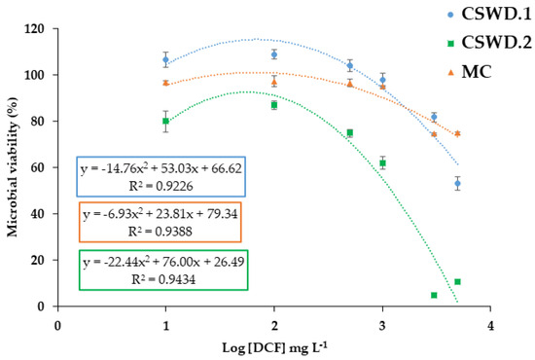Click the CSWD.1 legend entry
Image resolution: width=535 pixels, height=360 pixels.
pyautogui.click(x=489, y=15)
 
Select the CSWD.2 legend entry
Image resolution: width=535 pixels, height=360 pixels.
pyautogui.click(x=489, y=43)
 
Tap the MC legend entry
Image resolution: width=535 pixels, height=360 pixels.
pyautogui.click(x=470, y=72)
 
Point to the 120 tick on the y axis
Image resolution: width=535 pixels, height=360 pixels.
pyautogui.click(x=34, y=29)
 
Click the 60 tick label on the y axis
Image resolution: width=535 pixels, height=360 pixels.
pyautogui.click(x=38, y=167)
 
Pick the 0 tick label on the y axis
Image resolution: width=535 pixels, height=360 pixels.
pyautogui.click(x=41, y=306)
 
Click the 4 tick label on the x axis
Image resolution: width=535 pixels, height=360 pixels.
pyautogui.click(x=490, y=326)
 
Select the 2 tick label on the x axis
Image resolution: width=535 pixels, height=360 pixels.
pyautogui.click(x=274, y=326)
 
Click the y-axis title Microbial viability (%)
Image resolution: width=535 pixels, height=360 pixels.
pyautogui.click(x=13, y=167)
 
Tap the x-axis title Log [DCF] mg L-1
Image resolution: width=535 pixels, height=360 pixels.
pyautogui.click(x=274, y=347)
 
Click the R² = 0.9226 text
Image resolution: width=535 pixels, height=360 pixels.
pyautogui.click(x=161, y=186)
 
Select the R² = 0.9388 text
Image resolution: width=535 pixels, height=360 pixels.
pyautogui.click(x=160, y=232)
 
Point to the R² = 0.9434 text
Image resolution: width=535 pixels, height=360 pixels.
pyautogui.click(x=163, y=279)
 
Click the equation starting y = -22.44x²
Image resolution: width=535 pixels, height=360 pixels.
pyautogui.click(x=163, y=262)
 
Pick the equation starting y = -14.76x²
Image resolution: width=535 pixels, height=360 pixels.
pyautogui.click(x=161, y=168)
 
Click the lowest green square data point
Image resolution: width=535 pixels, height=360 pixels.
pyautogui.click(x=434, y=295)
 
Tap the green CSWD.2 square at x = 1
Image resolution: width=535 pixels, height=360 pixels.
pyautogui.click(x=165, y=121)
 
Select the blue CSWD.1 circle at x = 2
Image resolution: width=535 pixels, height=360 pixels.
pyautogui.click(x=274, y=54)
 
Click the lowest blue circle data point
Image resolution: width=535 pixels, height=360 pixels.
pyautogui.click(x=457, y=184)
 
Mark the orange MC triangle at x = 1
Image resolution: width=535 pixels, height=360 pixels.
pyautogui.click(x=165, y=83)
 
